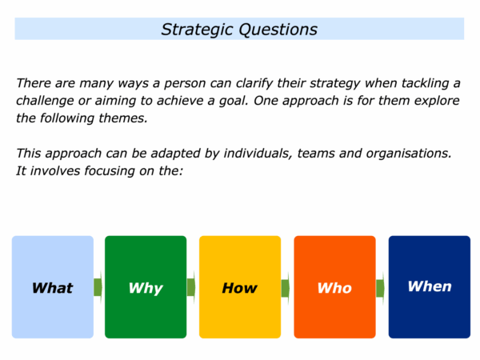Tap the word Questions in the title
(278, 30)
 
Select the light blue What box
(53, 287)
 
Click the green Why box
(146, 287)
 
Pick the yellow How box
(240, 287)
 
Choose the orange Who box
(335, 287)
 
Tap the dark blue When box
(430, 287)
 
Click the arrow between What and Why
(98, 287)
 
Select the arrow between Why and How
(191, 287)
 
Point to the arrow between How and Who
(286, 288)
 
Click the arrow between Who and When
(380, 288)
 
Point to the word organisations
(409, 154)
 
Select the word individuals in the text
(258, 154)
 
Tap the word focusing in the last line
(110, 171)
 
